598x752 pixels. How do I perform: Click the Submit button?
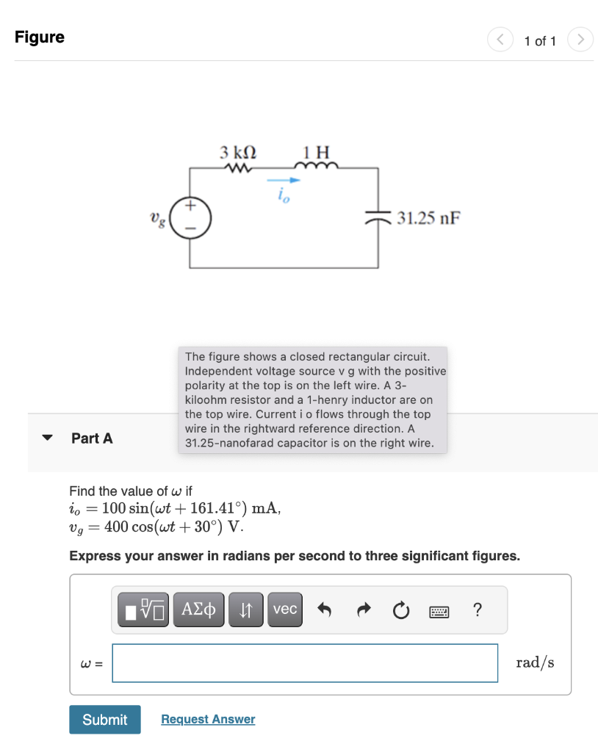[x=104, y=720]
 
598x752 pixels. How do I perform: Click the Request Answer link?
[x=208, y=720]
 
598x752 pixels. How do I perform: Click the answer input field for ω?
[x=305, y=663]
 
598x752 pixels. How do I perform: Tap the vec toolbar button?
[x=285, y=610]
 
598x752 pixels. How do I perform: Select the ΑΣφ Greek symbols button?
[x=200, y=610]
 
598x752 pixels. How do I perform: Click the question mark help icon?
[x=478, y=610]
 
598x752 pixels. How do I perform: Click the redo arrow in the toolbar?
[x=361, y=610]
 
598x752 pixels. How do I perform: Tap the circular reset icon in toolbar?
[x=400, y=610]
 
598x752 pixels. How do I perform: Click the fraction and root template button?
[x=145, y=610]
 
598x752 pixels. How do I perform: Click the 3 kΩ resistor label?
[x=238, y=153]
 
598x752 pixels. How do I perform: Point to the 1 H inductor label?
[x=317, y=153]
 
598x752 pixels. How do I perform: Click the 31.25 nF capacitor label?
[x=429, y=218]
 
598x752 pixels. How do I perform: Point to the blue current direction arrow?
[x=284, y=180]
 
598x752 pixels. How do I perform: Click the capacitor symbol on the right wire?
[x=378, y=217]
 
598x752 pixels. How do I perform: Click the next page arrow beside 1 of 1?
[x=580, y=40]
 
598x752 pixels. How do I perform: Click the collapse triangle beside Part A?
[x=48, y=438]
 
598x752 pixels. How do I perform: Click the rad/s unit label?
[x=535, y=663]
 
